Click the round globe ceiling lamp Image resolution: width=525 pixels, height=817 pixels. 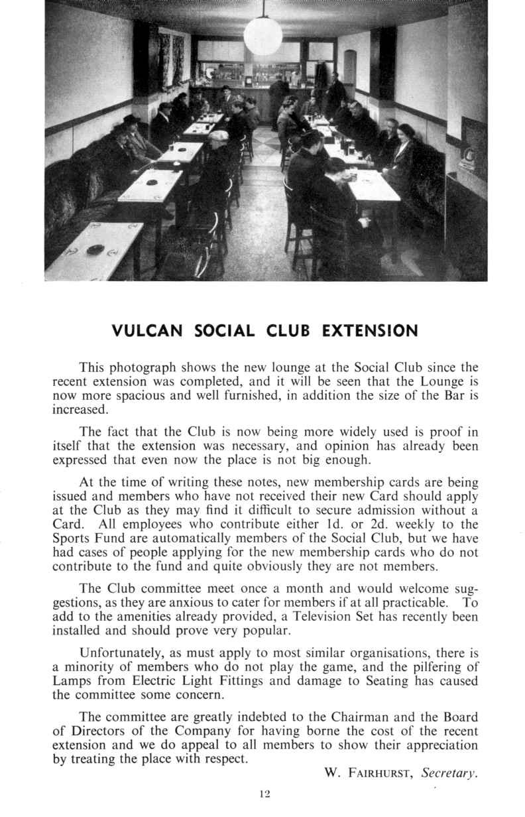[x=262, y=36]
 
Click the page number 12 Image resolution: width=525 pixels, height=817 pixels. [x=263, y=793]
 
